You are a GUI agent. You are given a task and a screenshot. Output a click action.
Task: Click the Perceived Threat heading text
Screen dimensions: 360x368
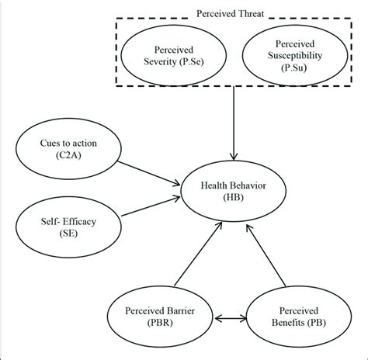(235, 13)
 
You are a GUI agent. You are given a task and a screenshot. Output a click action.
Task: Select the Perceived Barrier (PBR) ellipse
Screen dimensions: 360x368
(161, 318)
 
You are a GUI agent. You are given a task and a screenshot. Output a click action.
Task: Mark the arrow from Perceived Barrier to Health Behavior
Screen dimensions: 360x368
(194, 256)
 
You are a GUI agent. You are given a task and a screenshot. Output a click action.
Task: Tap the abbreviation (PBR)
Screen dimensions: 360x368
(161, 326)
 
